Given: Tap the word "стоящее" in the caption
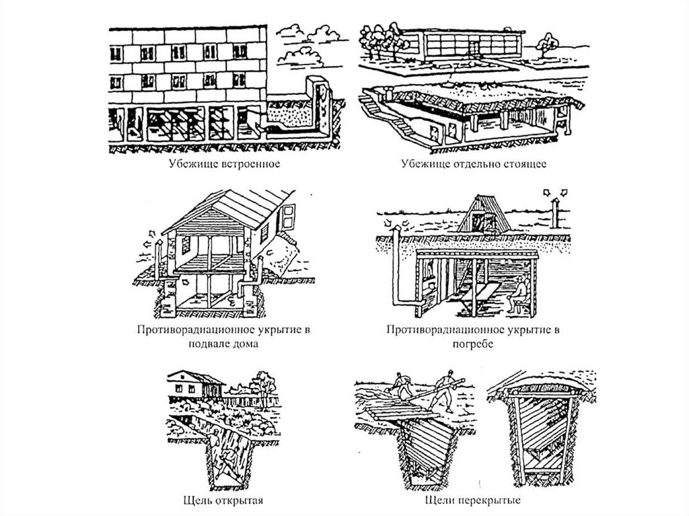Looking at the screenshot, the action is (x=525, y=164).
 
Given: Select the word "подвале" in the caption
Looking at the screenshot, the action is (x=208, y=343).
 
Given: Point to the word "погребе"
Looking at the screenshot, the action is (x=473, y=344).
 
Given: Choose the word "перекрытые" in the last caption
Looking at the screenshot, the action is (x=491, y=501).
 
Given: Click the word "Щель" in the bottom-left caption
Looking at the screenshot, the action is (x=196, y=501).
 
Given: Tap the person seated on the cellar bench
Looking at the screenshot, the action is (x=519, y=293).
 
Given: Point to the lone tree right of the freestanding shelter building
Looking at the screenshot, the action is (x=548, y=44).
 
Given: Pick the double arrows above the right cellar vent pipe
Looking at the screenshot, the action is (x=555, y=192).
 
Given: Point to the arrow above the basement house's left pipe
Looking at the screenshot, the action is (x=152, y=233).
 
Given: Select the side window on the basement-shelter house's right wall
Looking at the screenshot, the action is (x=288, y=216).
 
